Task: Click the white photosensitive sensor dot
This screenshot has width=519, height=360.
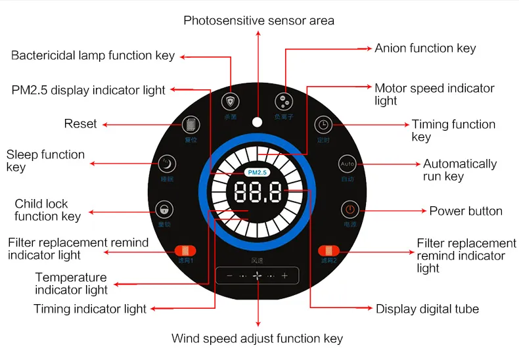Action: [257, 103]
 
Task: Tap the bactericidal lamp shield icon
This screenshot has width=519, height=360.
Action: [231, 102]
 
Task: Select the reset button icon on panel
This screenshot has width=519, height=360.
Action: [191, 125]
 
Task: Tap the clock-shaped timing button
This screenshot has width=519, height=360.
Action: [323, 125]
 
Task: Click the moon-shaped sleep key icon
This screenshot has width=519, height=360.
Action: [167, 164]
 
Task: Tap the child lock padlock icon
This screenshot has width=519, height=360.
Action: [164, 210]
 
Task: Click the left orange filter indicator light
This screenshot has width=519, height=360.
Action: [184, 250]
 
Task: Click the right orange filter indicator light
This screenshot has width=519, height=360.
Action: [328, 250]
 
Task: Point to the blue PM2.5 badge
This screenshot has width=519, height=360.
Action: [257, 172]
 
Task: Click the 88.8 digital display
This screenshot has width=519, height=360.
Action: [258, 193]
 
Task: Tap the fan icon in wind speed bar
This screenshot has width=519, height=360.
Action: [257, 277]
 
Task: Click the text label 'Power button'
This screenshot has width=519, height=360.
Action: [466, 211]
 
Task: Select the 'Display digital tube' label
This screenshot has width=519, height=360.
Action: [427, 309]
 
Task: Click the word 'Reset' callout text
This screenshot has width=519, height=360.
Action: [80, 124]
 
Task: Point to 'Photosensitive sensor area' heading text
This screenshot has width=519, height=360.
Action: [259, 20]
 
